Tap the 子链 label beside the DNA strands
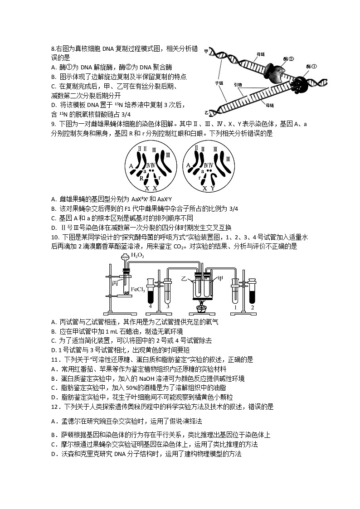tap(219, 83)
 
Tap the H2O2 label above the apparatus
tap(137, 255)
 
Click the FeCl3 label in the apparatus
tap(137, 289)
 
